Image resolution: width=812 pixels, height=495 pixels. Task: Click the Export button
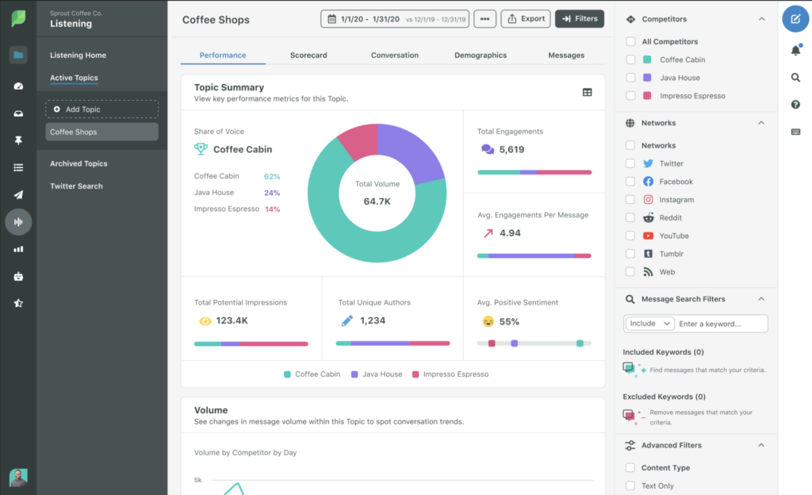click(x=526, y=18)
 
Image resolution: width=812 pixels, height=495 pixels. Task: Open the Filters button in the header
click(x=580, y=18)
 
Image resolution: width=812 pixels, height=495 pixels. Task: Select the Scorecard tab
click(x=308, y=56)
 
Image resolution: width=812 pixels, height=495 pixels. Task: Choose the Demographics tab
click(x=481, y=56)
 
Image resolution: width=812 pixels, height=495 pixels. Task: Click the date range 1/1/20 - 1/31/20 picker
click(x=395, y=18)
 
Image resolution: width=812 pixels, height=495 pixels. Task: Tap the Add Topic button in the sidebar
click(x=101, y=109)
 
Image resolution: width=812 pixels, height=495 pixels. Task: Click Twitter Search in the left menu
click(x=76, y=186)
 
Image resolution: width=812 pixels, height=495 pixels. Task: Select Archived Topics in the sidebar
click(x=79, y=163)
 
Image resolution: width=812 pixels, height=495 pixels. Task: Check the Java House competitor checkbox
click(x=630, y=78)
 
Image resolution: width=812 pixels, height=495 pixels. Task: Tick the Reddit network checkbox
click(x=630, y=217)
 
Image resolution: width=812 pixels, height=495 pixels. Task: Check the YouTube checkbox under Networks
click(x=630, y=236)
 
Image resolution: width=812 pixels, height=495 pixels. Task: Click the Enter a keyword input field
click(x=722, y=324)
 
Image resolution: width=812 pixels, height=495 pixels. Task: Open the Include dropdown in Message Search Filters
click(x=649, y=324)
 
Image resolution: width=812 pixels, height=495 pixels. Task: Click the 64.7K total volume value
click(x=377, y=201)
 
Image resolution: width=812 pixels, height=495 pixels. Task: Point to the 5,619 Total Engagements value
click(x=511, y=149)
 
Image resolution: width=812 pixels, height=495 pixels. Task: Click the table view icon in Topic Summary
click(x=587, y=92)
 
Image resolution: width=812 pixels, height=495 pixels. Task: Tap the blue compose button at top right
click(x=795, y=18)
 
